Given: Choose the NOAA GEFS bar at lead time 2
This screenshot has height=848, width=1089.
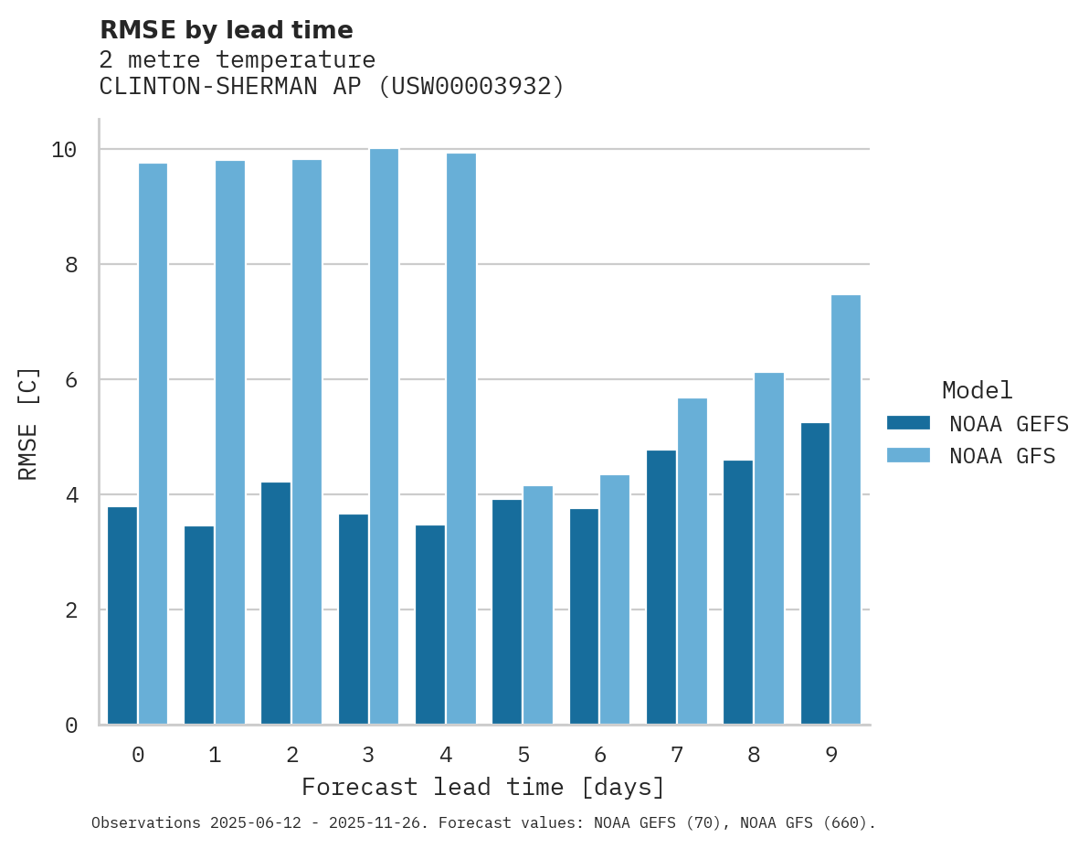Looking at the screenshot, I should tap(276, 603).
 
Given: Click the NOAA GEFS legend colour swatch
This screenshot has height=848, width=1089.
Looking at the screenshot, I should tap(908, 423).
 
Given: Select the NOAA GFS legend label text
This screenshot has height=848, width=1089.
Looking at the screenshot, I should tap(1002, 456).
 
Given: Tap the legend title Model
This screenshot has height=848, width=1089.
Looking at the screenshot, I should tap(977, 391).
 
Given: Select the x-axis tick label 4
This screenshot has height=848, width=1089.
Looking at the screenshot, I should tap(446, 755).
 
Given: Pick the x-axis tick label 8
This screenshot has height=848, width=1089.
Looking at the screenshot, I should tap(754, 755).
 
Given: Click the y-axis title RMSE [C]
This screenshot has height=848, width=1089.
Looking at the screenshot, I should tap(28, 423).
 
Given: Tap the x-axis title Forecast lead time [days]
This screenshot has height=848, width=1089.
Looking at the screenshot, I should tap(483, 787).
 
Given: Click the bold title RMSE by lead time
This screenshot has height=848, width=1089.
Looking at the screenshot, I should tap(226, 30).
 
